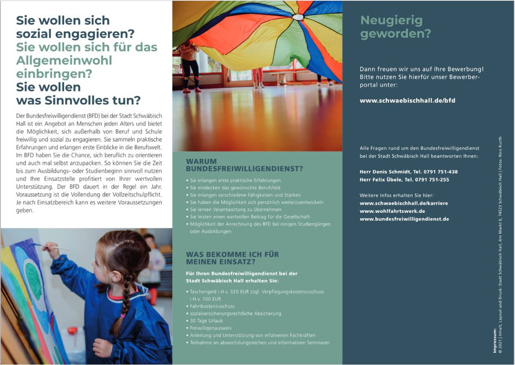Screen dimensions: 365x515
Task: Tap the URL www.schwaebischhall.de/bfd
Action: coord(407,100)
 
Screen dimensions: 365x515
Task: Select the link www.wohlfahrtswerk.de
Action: coord(392,211)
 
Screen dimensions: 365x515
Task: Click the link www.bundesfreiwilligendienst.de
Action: coord(404,219)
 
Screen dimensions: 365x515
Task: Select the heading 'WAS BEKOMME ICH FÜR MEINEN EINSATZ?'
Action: coord(232,258)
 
